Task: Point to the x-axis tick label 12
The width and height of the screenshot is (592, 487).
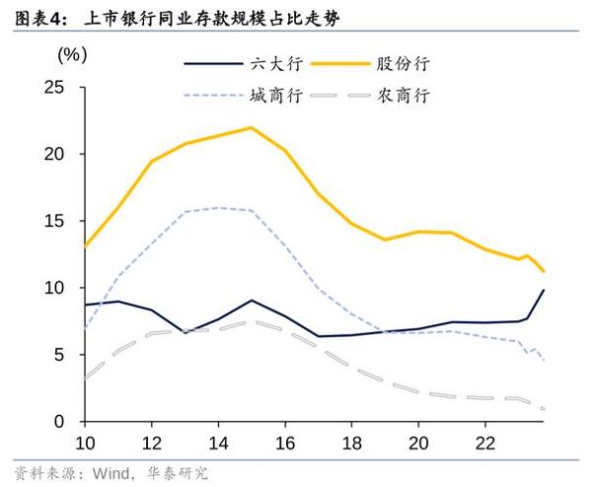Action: tap(152, 442)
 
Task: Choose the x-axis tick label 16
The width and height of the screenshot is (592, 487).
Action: tap(285, 442)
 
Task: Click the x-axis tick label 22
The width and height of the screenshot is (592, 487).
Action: tap(485, 442)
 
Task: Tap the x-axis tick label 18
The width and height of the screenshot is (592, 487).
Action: tap(352, 442)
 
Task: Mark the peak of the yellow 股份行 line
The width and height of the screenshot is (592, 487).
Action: tap(251, 127)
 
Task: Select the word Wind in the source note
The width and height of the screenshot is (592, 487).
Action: tap(110, 473)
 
